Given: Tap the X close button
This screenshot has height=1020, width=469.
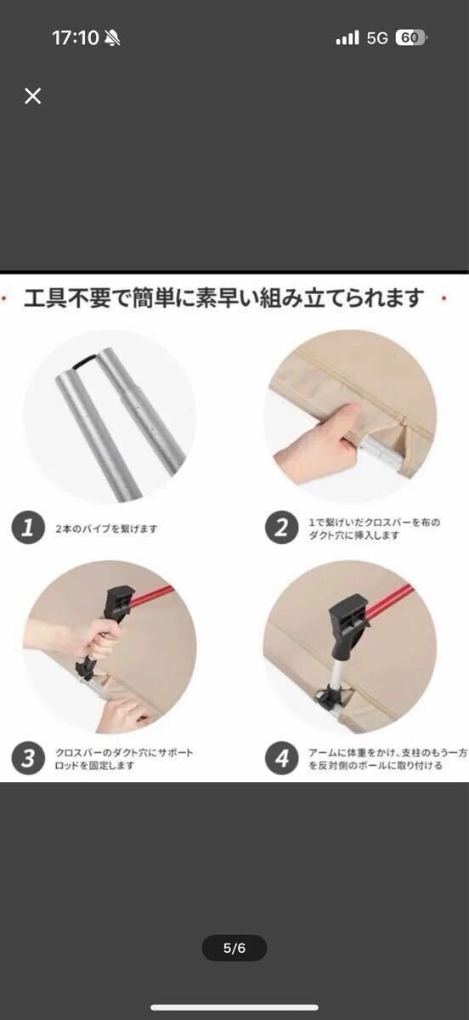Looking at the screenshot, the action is pyautogui.click(x=33, y=96).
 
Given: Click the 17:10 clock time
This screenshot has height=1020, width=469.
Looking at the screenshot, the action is pyautogui.click(x=75, y=37).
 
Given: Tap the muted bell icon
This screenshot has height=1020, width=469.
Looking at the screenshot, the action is pyautogui.click(x=112, y=37).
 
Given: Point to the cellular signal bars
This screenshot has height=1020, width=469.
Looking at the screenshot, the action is pyautogui.click(x=348, y=37).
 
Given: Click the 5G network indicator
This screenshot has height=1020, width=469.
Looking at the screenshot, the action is pyautogui.click(x=377, y=38).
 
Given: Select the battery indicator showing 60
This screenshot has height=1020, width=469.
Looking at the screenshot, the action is pyautogui.click(x=410, y=37).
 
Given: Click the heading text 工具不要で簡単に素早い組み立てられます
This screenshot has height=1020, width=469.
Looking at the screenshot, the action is pyautogui.click(x=223, y=298).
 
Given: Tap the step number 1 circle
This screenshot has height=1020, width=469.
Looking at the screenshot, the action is pyautogui.click(x=28, y=527).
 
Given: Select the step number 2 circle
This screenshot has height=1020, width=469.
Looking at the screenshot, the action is pyautogui.click(x=282, y=527).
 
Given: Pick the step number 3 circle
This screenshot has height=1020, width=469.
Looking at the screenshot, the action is pyautogui.click(x=28, y=758).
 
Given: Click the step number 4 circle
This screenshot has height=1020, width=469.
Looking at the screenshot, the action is pyautogui.click(x=282, y=758).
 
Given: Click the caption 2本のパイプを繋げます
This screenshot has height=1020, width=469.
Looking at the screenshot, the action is pyautogui.click(x=106, y=529).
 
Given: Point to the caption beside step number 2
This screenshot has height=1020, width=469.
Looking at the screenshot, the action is pyautogui.click(x=375, y=529).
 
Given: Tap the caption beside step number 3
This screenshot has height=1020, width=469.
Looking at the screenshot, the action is pyautogui.click(x=124, y=759).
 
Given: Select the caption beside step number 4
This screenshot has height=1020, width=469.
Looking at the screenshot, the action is pyautogui.click(x=388, y=759).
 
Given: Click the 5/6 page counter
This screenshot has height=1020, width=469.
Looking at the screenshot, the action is pyautogui.click(x=234, y=948).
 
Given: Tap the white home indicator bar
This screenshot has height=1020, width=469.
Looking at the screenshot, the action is pyautogui.click(x=234, y=1008).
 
